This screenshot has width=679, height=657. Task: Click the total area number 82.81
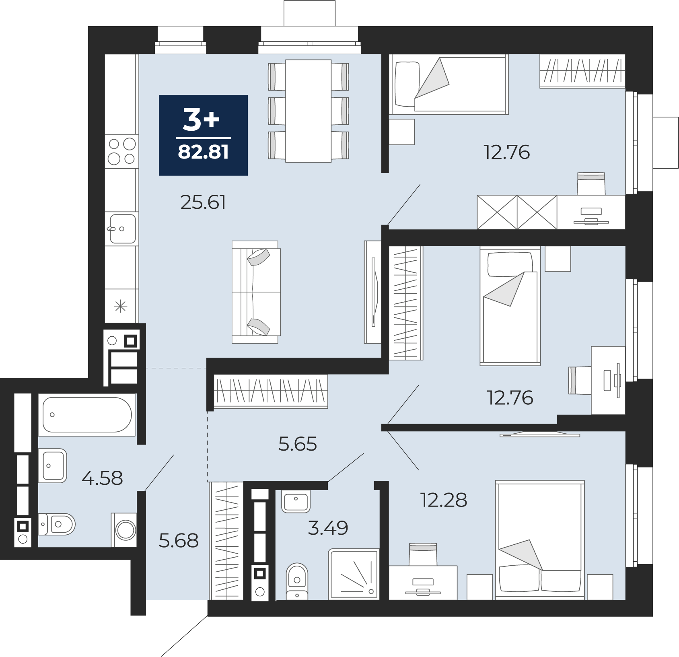[x=203, y=152]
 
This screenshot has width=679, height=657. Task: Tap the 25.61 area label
[x=203, y=202]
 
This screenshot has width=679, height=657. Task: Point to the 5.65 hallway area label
[x=298, y=444]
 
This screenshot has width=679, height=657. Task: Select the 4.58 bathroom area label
[x=102, y=478]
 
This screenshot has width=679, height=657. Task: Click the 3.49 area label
[x=328, y=528]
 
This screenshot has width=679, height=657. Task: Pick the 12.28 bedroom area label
[x=444, y=500]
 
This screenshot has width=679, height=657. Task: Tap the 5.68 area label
[x=179, y=541]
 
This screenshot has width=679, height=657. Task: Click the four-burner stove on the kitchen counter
[x=122, y=151]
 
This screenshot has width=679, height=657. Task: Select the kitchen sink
[x=122, y=229]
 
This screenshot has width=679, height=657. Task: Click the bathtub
[x=87, y=415]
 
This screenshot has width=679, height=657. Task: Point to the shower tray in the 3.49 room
[x=354, y=574]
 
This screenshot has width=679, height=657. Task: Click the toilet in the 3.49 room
[x=297, y=581]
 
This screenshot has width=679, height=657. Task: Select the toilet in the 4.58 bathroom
[x=57, y=524]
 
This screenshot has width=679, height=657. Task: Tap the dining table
[x=309, y=111]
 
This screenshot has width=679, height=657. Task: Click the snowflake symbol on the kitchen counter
[x=121, y=307]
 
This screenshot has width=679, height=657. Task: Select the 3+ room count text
[x=201, y=119]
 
